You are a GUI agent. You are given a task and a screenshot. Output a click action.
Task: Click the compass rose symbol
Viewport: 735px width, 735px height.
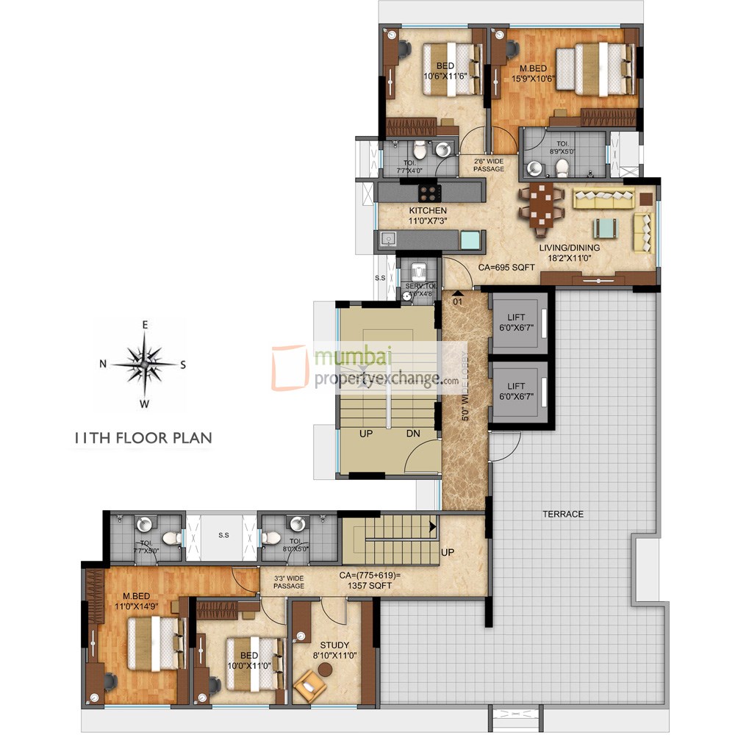[x=145, y=363]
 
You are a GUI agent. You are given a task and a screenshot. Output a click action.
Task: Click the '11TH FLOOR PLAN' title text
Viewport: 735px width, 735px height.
[x=143, y=438]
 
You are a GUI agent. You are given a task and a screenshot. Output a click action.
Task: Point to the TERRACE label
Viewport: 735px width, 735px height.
[x=564, y=514]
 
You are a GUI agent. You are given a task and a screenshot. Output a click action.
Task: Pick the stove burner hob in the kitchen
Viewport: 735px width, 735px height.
[x=429, y=193]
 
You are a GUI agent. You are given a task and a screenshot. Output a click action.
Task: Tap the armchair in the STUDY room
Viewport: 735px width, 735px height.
[x=309, y=689]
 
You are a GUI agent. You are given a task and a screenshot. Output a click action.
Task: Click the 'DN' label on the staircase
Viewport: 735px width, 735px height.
[x=413, y=434]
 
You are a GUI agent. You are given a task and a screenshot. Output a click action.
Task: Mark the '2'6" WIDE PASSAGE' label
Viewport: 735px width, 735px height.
[x=489, y=165]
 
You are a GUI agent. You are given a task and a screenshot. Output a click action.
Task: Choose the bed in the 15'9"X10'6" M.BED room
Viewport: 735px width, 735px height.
[x=595, y=68]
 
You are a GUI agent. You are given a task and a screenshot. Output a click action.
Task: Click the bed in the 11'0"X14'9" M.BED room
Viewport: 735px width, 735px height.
[x=153, y=643]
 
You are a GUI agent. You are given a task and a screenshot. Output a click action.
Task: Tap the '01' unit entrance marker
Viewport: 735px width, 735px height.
[x=456, y=301]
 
